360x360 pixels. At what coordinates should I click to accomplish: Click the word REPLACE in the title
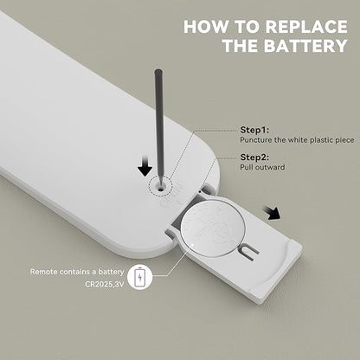point(306,27)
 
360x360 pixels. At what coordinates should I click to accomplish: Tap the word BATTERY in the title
point(305,46)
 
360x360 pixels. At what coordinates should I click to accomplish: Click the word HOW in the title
point(205,27)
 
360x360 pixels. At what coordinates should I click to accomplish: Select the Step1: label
point(254,130)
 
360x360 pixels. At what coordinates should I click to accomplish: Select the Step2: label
point(254,157)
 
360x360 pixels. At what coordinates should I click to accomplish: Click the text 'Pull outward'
point(262,167)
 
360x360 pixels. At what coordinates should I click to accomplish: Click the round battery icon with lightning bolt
point(140,278)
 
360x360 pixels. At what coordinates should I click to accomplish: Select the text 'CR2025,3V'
point(105,284)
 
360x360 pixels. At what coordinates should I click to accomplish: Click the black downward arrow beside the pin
point(145,166)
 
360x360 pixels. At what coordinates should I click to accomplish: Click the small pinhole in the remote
point(160,188)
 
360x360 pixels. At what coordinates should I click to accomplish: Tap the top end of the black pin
point(158,71)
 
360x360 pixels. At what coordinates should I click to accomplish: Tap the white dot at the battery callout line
point(192,244)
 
